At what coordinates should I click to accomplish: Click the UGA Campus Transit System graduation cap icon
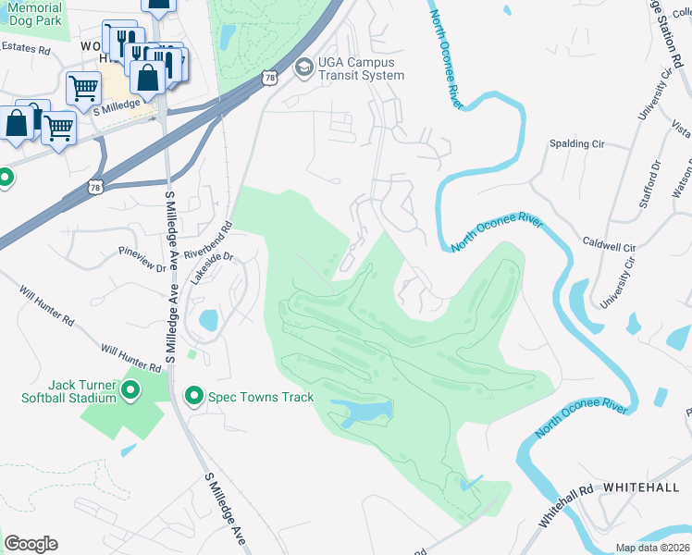tap(303, 68)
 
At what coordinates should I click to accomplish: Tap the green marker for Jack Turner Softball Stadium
tap(130, 391)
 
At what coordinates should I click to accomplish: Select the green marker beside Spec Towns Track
tap(194, 397)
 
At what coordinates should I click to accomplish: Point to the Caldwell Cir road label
tap(609, 248)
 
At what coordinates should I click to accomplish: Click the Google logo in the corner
tap(31, 544)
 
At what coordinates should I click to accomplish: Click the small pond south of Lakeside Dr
tap(209, 321)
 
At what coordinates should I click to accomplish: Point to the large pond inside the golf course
tap(363, 412)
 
